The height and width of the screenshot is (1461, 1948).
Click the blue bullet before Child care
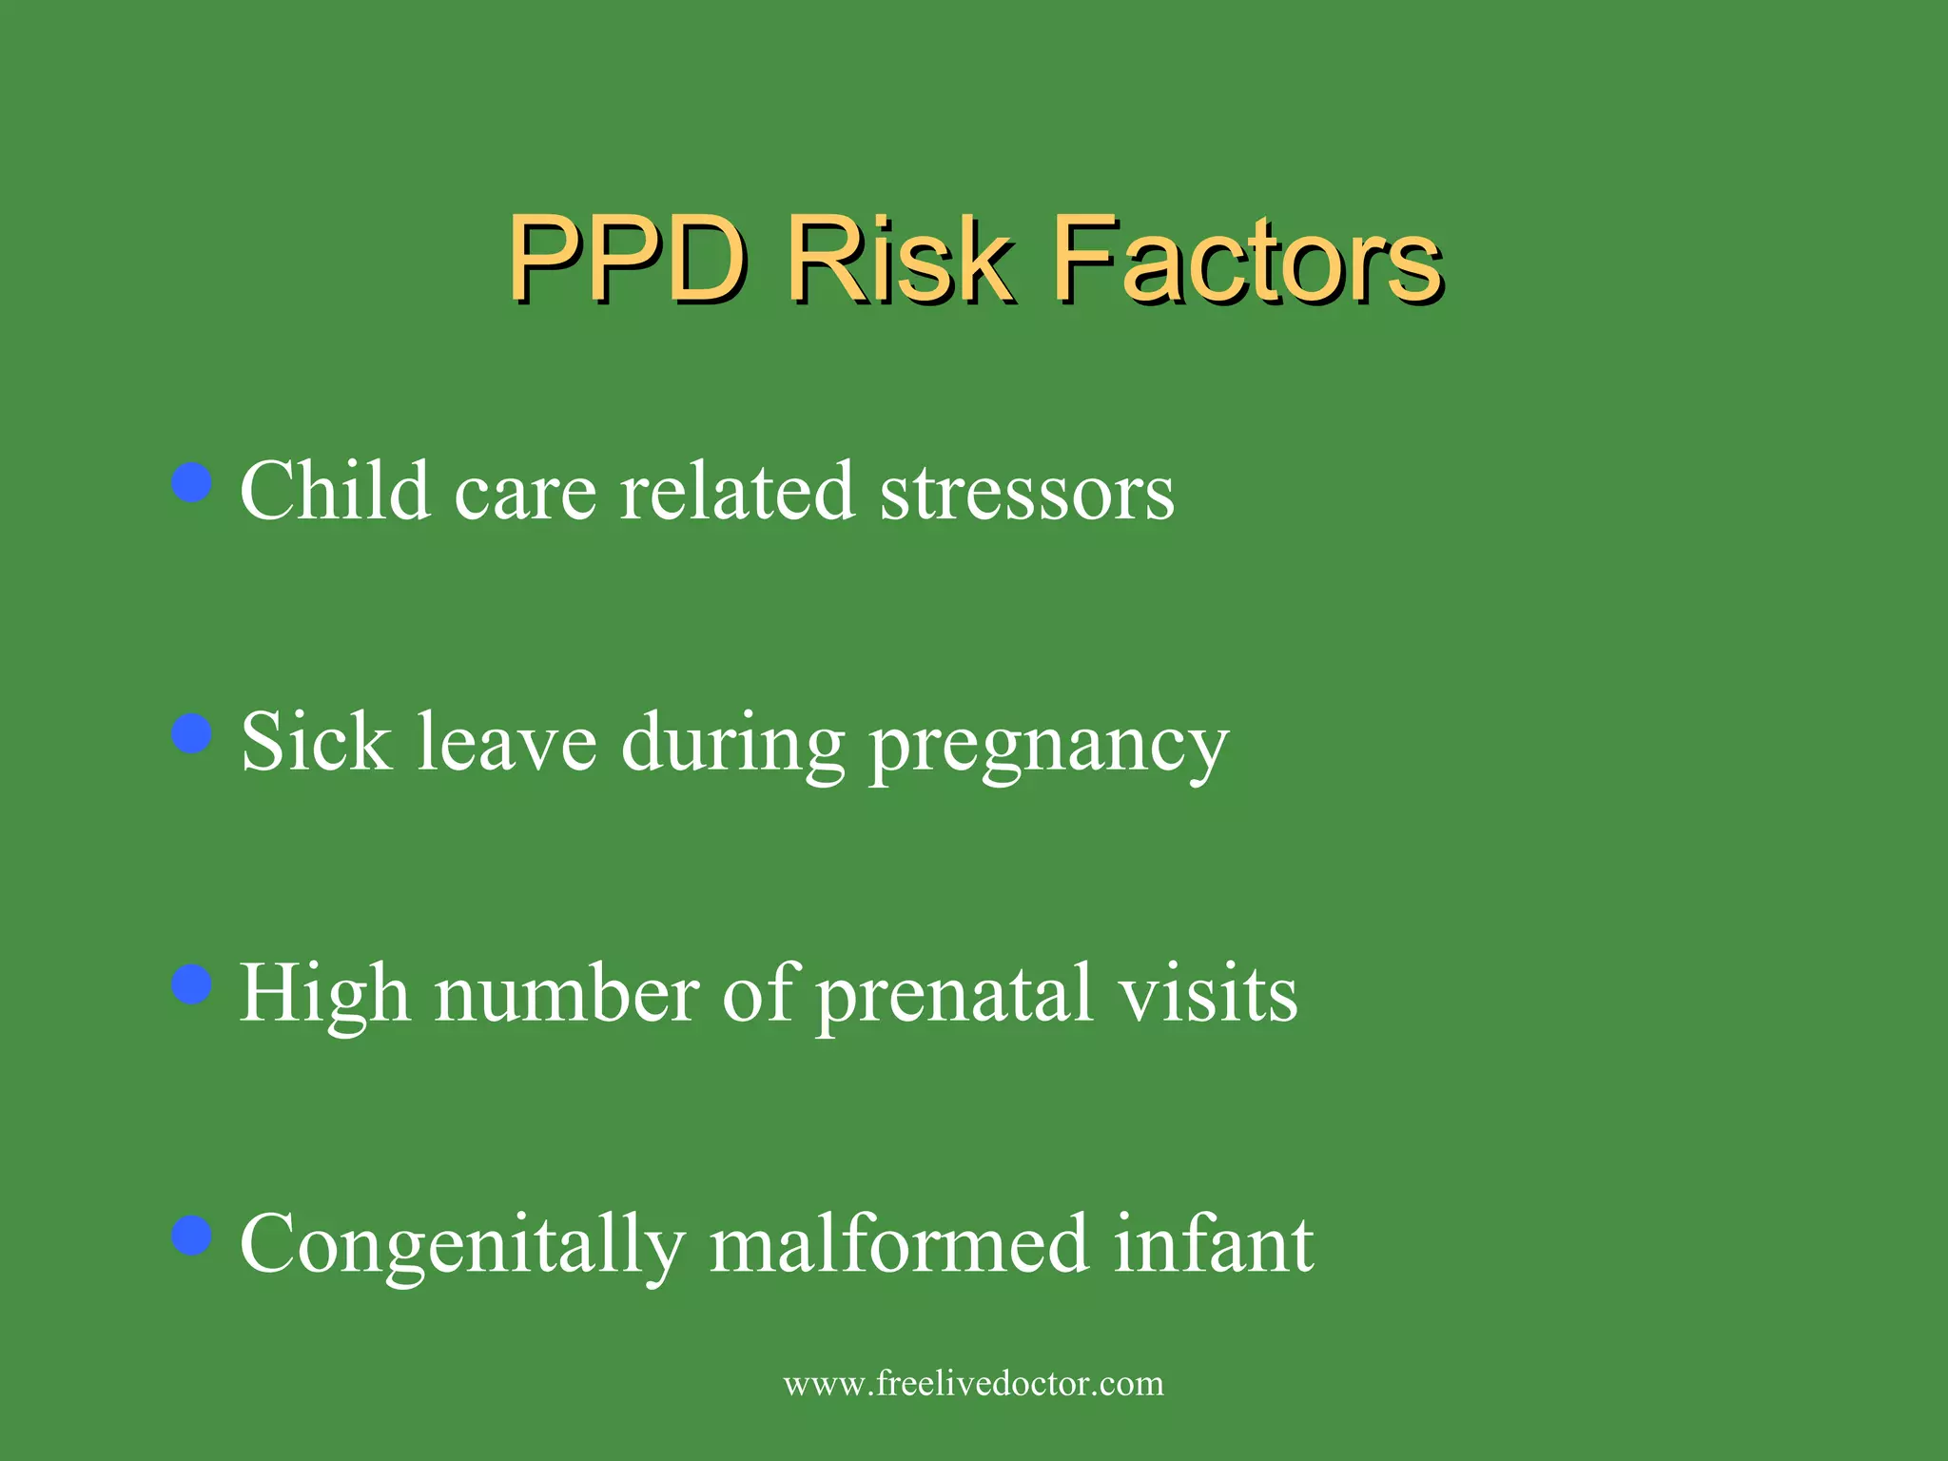192,482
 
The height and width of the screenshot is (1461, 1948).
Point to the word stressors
1027,492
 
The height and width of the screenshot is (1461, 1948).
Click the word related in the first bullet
737,492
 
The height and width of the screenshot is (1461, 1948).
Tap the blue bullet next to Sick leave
192,734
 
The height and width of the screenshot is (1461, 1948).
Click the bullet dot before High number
192,984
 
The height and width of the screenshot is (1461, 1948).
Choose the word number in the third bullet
567,994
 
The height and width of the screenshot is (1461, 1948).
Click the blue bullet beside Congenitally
192,1236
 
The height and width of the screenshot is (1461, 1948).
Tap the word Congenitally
462,1246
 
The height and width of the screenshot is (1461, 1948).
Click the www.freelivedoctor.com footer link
973,1383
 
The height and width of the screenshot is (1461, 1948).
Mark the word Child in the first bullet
335,492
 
